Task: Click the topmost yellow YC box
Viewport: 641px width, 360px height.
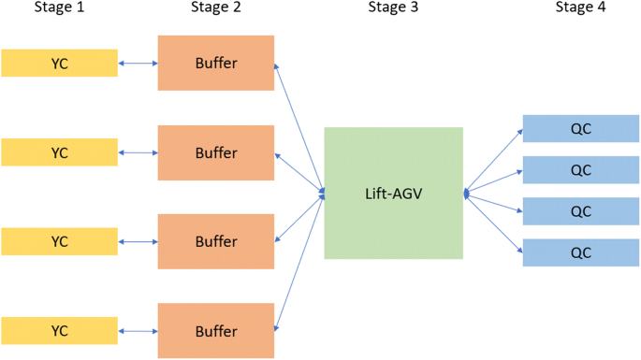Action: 59,63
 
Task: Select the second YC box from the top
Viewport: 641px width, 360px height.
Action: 59,151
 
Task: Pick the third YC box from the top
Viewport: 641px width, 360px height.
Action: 59,241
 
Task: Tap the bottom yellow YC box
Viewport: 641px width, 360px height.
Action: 59,331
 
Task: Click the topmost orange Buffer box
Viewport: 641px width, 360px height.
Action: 216,63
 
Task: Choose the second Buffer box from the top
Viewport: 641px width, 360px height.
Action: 216,151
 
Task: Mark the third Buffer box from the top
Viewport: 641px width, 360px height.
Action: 216,241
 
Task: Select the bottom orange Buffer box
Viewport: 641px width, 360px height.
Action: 216,331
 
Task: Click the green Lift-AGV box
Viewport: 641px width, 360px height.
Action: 393,193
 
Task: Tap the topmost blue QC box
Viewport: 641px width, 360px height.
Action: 580,128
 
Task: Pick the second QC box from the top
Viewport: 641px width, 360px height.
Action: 580,170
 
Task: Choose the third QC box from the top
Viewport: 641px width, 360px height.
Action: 580,211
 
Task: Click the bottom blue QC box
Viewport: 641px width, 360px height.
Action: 580,252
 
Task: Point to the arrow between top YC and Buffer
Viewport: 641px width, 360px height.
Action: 138,64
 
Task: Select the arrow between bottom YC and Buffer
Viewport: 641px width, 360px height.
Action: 138,331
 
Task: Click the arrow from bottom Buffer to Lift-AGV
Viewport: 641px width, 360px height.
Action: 299,262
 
